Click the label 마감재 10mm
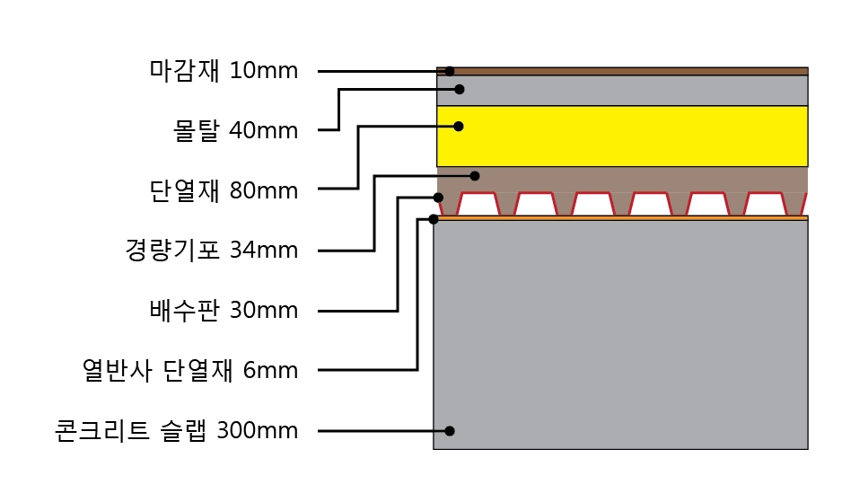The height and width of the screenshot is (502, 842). point(224,70)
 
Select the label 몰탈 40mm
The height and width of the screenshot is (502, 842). point(235,130)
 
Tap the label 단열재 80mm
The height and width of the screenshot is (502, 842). point(224,190)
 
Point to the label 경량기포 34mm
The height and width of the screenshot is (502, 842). point(212,250)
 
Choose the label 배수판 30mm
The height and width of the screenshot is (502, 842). point(224,311)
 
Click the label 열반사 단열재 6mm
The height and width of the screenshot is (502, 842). point(189,370)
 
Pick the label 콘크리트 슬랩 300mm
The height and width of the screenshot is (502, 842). point(175,431)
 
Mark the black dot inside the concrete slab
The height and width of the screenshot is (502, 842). point(450,431)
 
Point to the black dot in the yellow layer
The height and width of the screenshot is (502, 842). point(459,127)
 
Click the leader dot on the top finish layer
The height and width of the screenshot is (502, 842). point(450,71)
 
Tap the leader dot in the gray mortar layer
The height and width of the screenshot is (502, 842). point(459,89)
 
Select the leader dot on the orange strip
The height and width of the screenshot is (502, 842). point(434,218)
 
